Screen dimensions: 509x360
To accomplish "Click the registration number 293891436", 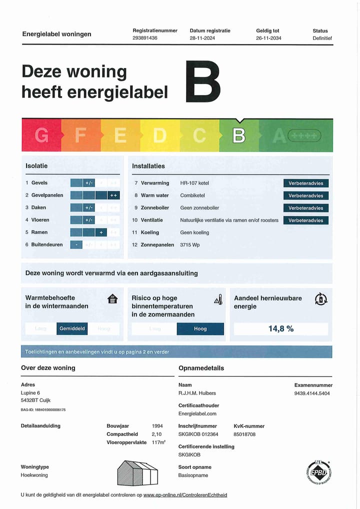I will point(145,38).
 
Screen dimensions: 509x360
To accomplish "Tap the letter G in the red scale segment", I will point(42,135).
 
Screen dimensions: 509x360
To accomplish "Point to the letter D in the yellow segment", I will point(159,135).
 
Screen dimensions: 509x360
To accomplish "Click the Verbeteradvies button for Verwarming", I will point(305,183).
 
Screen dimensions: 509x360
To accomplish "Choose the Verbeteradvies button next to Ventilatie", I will point(305,220).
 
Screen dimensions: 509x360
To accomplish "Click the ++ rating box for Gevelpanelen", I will point(113,195).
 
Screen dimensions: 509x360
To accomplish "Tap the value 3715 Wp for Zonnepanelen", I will point(190,245).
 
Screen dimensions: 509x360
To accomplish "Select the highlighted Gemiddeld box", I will point(72,328).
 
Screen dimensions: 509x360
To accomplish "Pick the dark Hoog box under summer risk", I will point(200,328).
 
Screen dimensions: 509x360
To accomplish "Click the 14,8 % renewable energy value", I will point(281,328).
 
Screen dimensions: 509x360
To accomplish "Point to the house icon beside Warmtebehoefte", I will point(113,299).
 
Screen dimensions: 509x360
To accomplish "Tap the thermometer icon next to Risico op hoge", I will point(218,299).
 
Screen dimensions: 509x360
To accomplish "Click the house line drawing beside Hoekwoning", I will point(137,472).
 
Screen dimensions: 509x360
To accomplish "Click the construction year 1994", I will point(157,426).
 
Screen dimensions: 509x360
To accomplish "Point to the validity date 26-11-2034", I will point(268,38).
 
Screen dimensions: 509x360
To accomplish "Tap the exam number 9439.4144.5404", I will point(312,393).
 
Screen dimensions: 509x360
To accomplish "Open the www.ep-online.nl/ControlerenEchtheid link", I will point(185,495).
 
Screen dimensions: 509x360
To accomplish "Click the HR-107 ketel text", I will point(194,183).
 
